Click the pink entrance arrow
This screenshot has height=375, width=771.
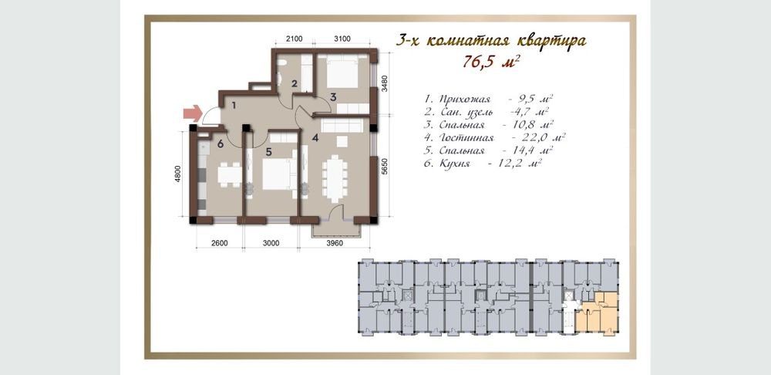[193, 113]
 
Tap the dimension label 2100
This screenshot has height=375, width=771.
[294, 39]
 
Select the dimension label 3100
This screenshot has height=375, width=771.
[342, 39]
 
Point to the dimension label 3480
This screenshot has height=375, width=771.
[385, 83]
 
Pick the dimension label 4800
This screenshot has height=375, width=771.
[179, 174]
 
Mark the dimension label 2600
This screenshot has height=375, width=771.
[218, 242]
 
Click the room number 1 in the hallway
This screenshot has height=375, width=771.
[234, 105]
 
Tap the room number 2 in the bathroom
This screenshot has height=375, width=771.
[294, 83]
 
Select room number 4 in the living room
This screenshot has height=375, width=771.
[315, 138]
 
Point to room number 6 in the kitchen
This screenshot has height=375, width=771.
[220, 144]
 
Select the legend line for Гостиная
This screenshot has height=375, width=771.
[494, 137]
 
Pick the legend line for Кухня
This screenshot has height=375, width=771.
[483, 163]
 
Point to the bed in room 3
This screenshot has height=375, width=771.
[343, 73]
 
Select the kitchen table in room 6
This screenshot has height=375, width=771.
[230, 174]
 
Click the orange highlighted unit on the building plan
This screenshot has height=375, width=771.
[599, 313]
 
